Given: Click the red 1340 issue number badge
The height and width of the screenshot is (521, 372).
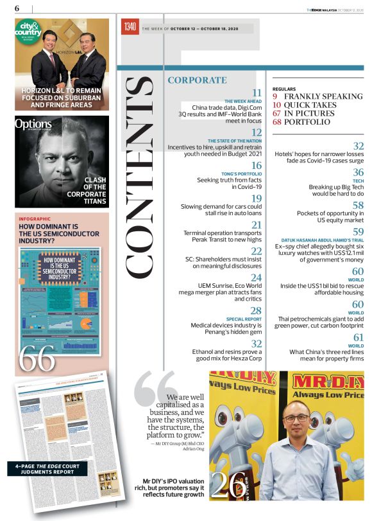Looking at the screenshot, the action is click(130, 28).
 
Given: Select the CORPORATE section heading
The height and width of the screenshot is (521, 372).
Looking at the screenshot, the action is click(197, 80).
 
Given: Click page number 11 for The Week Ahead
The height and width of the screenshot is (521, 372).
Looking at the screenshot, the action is click(257, 94).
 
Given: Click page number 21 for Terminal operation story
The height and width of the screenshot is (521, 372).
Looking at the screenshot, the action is click(256, 225).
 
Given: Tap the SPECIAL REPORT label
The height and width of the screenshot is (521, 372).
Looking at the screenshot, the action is click(244, 319).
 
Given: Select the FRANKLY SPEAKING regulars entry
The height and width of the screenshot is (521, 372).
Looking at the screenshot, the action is click(323, 96).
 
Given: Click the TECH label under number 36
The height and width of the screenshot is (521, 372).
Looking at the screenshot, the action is click(358, 181).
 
